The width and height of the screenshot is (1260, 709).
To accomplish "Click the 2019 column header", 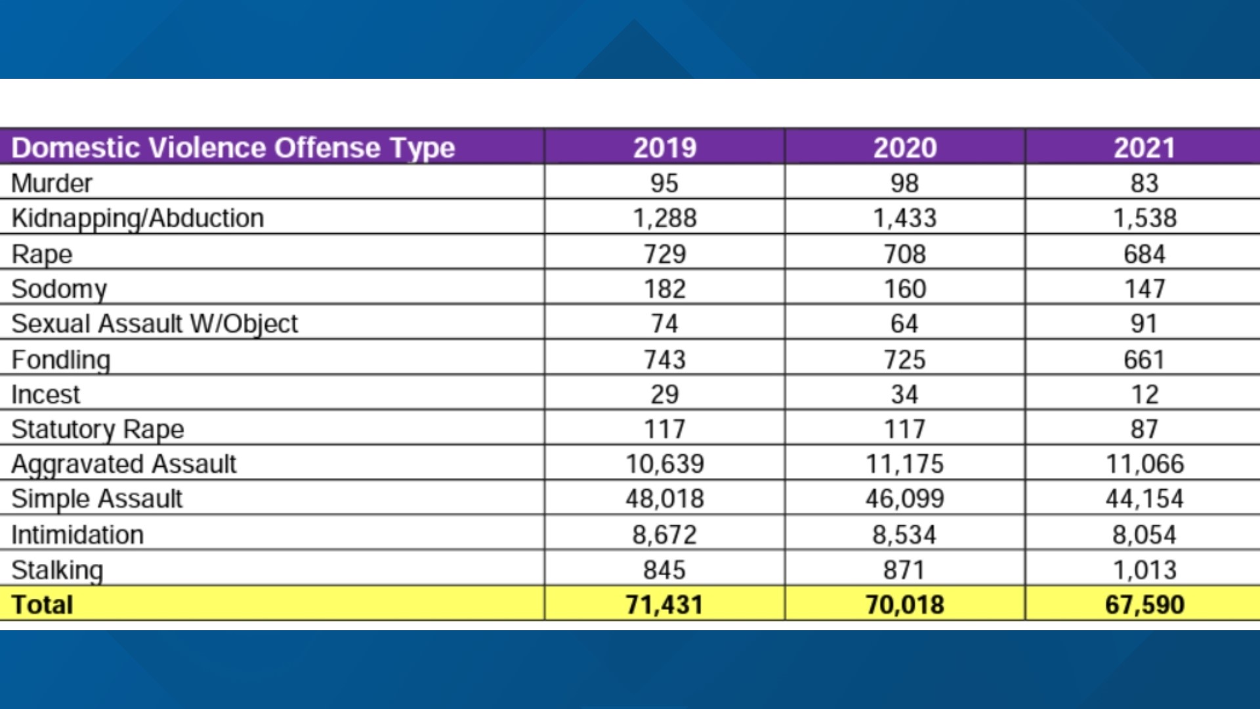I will pos(664,147).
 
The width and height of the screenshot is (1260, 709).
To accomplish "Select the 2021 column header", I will pos(1144,147).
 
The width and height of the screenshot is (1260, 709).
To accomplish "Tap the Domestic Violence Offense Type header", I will pos(233,147).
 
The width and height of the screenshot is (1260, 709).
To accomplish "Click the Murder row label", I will pos(52,183).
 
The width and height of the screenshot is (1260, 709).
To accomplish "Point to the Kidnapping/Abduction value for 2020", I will pos(904,218).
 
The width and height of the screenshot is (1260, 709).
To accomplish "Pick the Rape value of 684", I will pos(1144,254).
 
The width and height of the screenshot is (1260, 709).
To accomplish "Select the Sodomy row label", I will pos(59,289).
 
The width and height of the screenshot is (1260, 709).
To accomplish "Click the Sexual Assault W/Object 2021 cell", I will pos(1144,324).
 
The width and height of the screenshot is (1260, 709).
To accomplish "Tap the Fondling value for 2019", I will pos(664,359).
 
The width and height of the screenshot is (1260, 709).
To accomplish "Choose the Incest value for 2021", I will pos(1144,395).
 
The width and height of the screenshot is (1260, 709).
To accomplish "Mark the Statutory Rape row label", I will pos(98,429).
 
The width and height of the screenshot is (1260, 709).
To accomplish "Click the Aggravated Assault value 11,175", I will pos(904,464).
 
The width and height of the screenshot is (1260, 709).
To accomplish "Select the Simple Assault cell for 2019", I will pos(664,499).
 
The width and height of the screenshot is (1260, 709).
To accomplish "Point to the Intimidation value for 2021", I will pos(1144,534).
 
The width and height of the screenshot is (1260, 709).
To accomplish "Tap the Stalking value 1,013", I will pos(1144,570).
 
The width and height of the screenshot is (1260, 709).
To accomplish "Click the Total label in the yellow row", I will pos(42,605).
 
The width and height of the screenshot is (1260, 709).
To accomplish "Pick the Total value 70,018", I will pos(904,605).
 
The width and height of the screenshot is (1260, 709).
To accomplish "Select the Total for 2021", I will pos(1144,605).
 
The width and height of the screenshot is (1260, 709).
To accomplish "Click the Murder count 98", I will pos(904,183).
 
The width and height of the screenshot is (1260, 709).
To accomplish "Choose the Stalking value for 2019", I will pos(664,570).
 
